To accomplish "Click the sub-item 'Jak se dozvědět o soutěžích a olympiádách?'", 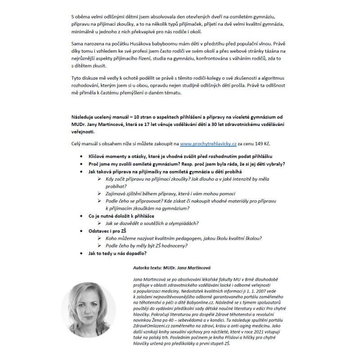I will (152, 224).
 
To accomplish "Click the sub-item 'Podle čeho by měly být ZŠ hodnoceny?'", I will (147, 246).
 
